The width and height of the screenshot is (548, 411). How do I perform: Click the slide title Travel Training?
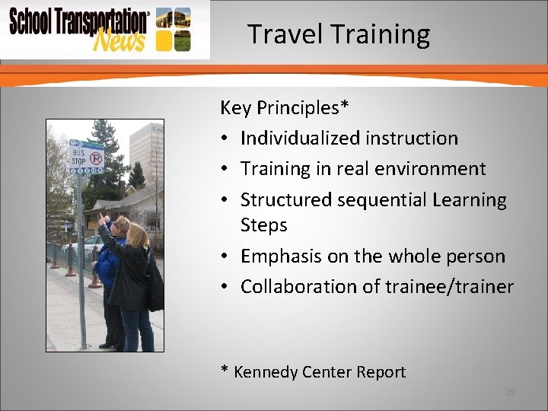point(339,34)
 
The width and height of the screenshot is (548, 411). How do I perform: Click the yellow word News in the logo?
point(118,39)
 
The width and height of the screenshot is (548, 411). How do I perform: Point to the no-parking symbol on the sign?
point(96,158)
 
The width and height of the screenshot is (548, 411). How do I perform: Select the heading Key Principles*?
point(285,108)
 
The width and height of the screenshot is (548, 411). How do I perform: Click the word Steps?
point(263,225)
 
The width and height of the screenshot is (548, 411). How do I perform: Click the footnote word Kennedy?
point(266,372)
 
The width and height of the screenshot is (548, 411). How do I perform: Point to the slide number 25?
point(510,392)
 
